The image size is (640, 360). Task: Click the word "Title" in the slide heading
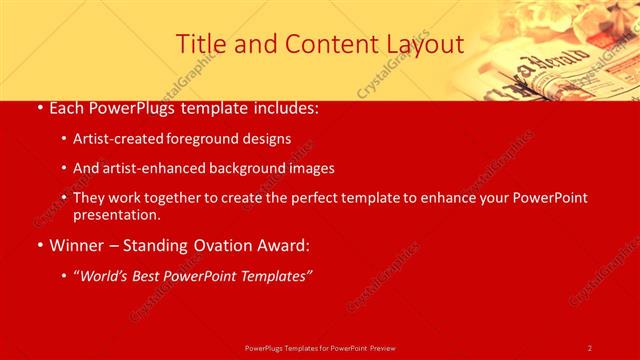click(x=199, y=44)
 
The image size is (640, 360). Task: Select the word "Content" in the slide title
click(x=322, y=44)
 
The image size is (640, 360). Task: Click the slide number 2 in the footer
click(x=589, y=347)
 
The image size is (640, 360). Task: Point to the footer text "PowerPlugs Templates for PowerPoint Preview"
click(x=320, y=347)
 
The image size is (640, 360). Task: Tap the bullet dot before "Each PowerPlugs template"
click(x=38, y=108)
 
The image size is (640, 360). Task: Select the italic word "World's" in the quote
click(x=107, y=275)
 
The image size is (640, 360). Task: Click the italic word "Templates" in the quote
click(x=274, y=275)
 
